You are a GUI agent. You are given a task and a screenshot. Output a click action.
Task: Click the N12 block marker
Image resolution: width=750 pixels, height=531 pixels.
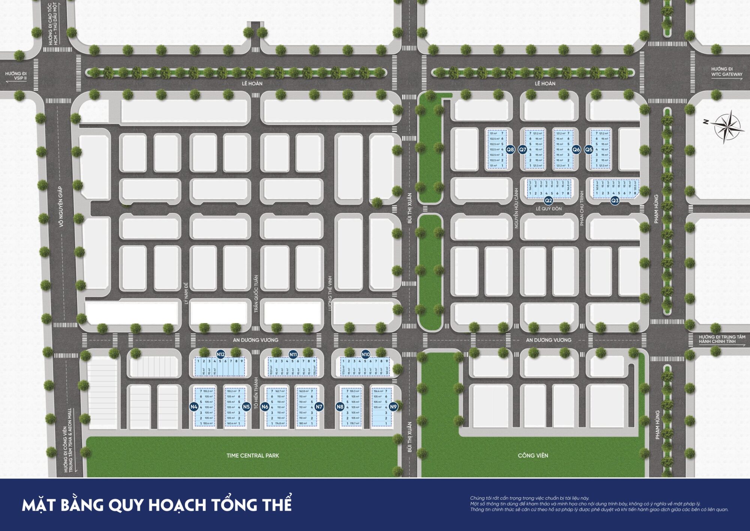click(x=220, y=354)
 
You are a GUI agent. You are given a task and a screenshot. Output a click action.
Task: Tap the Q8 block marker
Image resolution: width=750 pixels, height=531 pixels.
click(x=510, y=149)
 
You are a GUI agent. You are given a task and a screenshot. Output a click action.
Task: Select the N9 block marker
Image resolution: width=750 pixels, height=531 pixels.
click(x=393, y=407)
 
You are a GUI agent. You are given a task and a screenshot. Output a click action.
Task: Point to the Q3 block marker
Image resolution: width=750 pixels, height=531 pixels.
click(x=615, y=201)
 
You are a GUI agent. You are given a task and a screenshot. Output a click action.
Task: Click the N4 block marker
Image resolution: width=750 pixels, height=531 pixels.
click(x=193, y=407)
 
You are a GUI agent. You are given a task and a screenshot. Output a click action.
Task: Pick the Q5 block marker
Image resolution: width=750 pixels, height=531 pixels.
click(x=589, y=149)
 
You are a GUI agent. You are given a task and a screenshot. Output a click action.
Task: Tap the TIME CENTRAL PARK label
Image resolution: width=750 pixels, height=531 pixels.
click(x=253, y=456)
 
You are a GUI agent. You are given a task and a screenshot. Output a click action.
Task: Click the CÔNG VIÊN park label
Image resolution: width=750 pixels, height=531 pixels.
click(x=533, y=456)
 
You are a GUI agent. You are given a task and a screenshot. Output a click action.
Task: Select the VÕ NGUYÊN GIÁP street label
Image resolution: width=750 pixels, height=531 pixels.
click(x=61, y=207)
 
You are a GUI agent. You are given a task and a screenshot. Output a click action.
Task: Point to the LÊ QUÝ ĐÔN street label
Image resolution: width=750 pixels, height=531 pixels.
click(x=549, y=209)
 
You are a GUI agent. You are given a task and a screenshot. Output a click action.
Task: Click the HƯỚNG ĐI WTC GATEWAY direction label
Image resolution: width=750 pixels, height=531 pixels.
click(x=726, y=72)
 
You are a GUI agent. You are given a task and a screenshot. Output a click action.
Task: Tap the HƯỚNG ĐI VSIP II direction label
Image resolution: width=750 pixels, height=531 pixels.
click(x=16, y=76)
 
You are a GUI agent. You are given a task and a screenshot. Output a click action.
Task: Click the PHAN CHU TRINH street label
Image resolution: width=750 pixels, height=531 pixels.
click(x=582, y=208)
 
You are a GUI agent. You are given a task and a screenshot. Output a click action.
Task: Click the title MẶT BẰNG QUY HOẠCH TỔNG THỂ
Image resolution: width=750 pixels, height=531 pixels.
click(x=157, y=505)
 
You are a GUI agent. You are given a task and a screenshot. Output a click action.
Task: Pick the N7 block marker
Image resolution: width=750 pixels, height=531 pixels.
click(x=319, y=407)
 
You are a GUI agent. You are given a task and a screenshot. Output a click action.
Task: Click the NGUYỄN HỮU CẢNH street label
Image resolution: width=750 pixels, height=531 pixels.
click(x=516, y=208)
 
